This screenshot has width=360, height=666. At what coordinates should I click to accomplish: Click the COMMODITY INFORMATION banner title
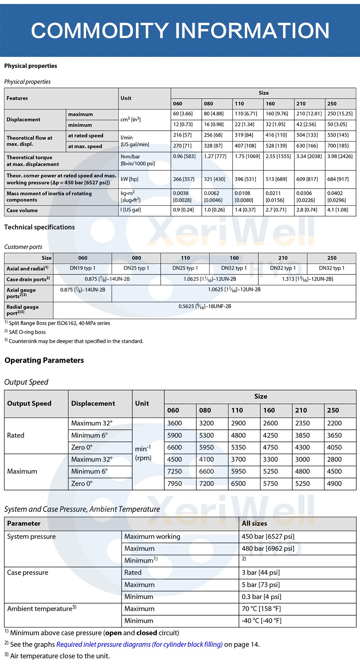[180, 30]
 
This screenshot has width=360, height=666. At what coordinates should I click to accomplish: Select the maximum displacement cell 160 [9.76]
[277, 114]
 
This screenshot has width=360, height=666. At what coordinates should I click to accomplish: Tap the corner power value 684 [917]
[338, 179]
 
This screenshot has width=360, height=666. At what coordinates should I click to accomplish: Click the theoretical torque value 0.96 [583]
[184, 156]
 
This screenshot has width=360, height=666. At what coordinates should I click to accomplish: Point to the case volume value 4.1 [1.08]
[338, 210]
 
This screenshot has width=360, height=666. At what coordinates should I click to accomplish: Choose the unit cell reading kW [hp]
[129, 179]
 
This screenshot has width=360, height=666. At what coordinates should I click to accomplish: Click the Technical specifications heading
[40, 227]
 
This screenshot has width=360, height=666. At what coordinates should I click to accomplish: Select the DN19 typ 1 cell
[83, 268]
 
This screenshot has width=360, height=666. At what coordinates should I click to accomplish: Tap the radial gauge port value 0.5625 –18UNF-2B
[205, 307]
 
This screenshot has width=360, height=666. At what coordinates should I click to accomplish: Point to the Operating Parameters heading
[44, 361]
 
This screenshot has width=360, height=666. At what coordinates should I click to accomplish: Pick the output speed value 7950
[175, 484]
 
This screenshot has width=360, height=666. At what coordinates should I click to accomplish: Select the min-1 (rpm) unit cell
[143, 453]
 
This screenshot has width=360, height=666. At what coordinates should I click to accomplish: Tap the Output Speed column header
[29, 403]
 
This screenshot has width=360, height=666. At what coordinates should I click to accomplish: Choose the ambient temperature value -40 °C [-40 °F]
[261, 621]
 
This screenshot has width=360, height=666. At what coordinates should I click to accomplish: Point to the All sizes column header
[254, 523]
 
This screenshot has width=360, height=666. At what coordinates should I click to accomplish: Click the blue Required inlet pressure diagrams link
[139, 644]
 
